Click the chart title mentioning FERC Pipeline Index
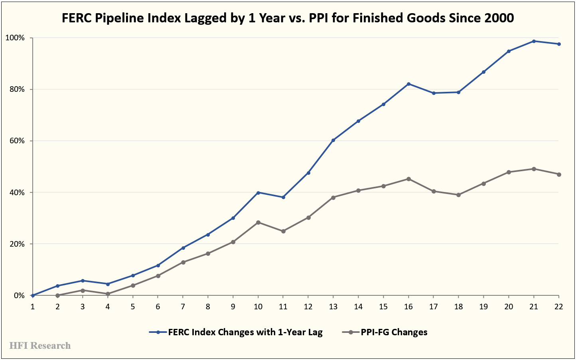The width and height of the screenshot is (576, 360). click(x=288, y=18)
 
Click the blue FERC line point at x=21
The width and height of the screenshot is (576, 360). click(x=534, y=41)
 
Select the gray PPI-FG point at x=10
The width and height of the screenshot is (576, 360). click(x=258, y=222)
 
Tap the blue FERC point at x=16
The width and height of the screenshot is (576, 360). click(x=408, y=84)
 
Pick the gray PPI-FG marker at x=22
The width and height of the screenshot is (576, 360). click(x=559, y=174)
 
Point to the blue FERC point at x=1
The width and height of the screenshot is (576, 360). click(x=33, y=295)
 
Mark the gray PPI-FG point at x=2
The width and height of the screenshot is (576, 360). click(x=58, y=295)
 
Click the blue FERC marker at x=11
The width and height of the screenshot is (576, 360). click(x=283, y=197)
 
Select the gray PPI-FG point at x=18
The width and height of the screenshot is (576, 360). click(x=458, y=195)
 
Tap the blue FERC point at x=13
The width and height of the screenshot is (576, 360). click(x=333, y=140)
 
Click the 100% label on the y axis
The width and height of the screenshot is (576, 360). click(x=15, y=38)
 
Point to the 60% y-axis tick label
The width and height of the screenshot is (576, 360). click(x=16, y=141)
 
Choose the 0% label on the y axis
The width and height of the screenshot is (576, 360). click(x=19, y=296)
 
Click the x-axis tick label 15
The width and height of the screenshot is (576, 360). click(x=383, y=307)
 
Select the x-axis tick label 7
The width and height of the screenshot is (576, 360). click(x=183, y=307)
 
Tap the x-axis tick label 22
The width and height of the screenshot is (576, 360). click(x=559, y=307)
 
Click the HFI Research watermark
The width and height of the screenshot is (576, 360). click(x=40, y=346)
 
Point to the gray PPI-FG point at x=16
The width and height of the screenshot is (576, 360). click(x=408, y=179)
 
